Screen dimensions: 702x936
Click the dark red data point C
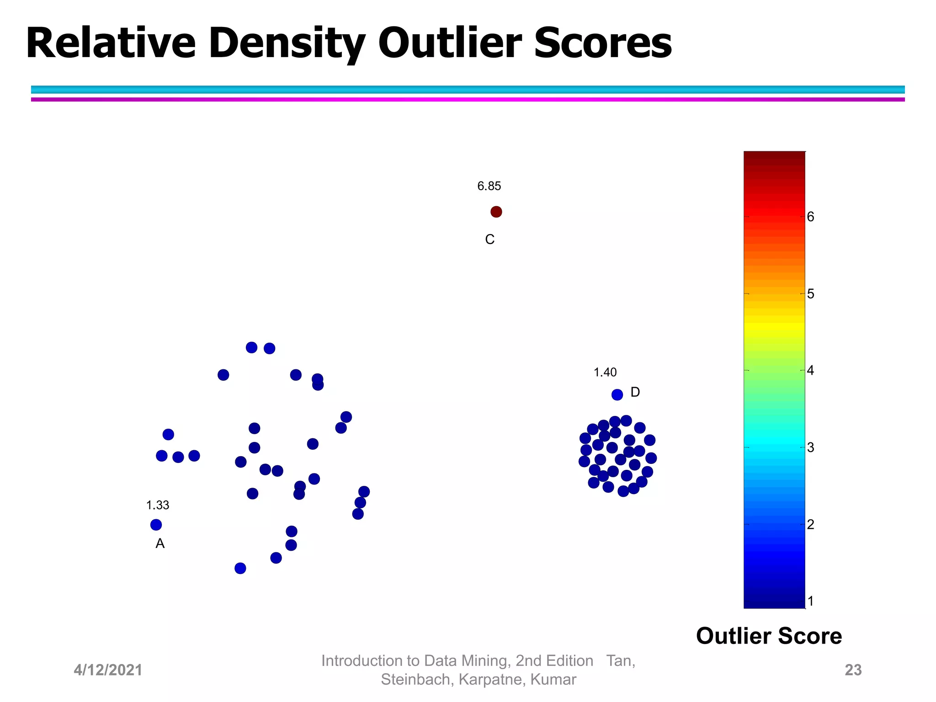click(x=496, y=212)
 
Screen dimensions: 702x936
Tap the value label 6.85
click(x=489, y=186)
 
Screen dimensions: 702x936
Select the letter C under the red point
click(x=489, y=239)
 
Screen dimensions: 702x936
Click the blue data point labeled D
click(x=617, y=394)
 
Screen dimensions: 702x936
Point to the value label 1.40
click(x=605, y=372)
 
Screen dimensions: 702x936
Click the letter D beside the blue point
click(x=635, y=392)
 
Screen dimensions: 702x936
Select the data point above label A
click(x=156, y=525)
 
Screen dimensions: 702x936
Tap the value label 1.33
click(x=158, y=505)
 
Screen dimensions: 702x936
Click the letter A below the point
click(x=160, y=543)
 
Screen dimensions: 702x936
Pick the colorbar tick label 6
click(x=810, y=217)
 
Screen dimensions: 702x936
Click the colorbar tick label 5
click(x=810, y=294)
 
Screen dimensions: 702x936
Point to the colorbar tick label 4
click(x=810, y=371)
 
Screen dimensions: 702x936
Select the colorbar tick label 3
click(x=810, y=447)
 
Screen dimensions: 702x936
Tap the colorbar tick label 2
click(x=810, y=524)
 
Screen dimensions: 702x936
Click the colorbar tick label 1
click(x=810, y=601)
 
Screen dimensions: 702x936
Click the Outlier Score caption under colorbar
click(x=769, y=636)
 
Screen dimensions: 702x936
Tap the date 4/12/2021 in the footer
click(x=108, y=670)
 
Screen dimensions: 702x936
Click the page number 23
click(x=853, y=670)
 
